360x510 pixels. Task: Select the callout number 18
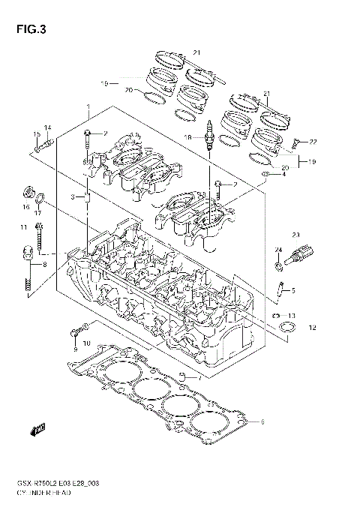pos(189,137)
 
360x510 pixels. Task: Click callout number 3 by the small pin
pos(73,196)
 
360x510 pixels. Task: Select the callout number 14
pos(46,127)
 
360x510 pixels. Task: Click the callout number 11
pos(24,226)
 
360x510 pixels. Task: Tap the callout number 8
pos(45,265)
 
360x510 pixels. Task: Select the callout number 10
pos(86,343)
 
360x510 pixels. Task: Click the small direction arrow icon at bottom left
pos(34,430)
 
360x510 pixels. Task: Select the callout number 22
pos(313,142)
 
